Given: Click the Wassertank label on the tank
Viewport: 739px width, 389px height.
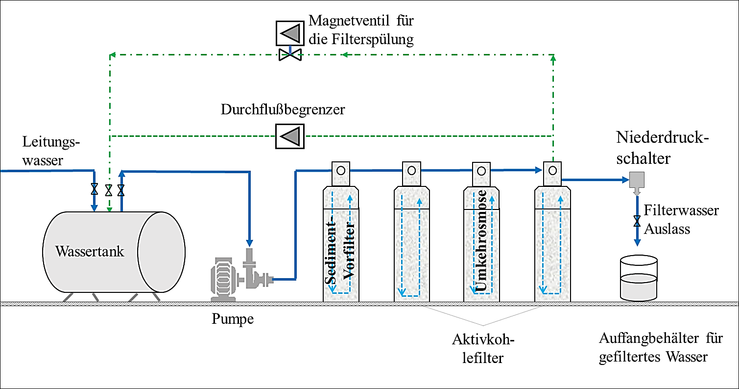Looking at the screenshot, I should point(90,252).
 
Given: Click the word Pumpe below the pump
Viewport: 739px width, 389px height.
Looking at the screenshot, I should point(233,319).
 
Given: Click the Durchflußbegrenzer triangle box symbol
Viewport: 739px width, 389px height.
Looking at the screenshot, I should point(289,135).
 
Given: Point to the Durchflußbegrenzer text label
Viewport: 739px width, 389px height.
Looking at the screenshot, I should point(283,109).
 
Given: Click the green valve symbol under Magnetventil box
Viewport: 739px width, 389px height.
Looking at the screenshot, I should point(289,55).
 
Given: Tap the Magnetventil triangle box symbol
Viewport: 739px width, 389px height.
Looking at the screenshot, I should point(289,33).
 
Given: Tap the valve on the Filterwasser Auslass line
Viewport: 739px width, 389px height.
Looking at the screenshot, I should point(637,221).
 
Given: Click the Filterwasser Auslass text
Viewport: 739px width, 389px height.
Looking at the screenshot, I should point(681,219).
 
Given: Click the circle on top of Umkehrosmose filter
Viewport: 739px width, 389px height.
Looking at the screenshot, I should point(482,171).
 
